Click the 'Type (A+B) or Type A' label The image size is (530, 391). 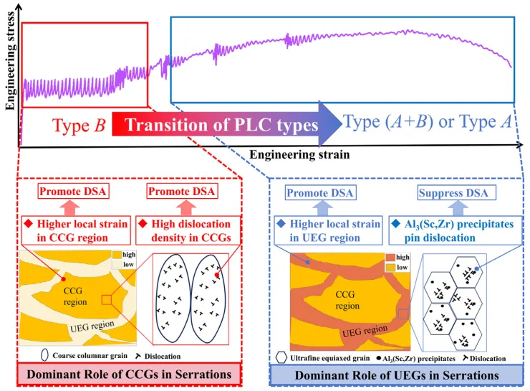pyautogui.click(x=428, y=123)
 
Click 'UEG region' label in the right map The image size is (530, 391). pyautogui.click(x=358, y=334)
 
